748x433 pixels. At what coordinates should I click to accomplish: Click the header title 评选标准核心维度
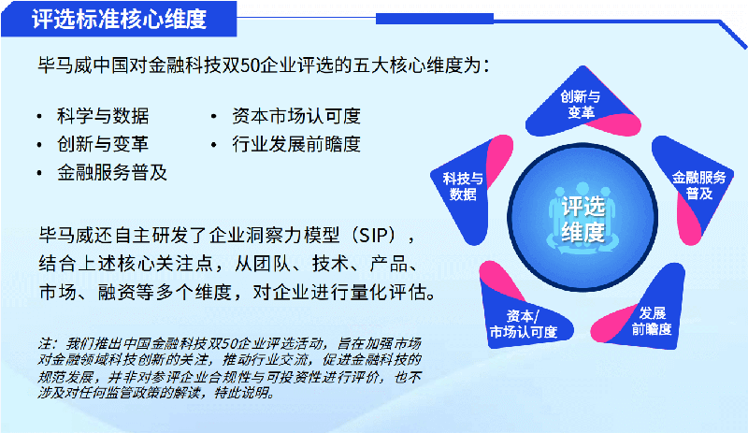[x=120, y=19]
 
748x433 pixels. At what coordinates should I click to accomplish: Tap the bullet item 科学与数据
[x=103, y=116]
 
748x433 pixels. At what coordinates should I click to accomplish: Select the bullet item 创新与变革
[x=103, y=144]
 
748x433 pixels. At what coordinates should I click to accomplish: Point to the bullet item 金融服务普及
[x=112, y=172]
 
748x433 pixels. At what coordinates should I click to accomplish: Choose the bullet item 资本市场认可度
[x=296, y=116]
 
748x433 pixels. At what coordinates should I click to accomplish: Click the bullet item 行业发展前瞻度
[x=296, y=144]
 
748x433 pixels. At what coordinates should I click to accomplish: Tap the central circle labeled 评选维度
[x=583, y=217]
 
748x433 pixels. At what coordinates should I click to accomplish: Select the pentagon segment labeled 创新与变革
[x=582, y=103]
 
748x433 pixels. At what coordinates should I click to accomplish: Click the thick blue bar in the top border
[x=435, y=19]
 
